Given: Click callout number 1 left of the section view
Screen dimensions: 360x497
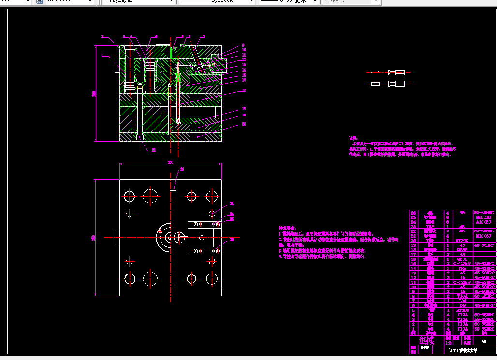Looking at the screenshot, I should [x=102, y=56].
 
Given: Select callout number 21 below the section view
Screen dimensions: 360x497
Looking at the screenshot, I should [x=154, y=150].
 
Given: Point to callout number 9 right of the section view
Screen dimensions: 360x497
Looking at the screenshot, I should [x=243, y=45].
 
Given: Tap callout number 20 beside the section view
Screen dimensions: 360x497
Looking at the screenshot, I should [x=244, y=124].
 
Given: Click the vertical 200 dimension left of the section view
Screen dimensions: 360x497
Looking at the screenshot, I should [x=94, y=94].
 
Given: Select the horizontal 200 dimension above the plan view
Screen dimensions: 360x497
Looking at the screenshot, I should [x=170, y=163].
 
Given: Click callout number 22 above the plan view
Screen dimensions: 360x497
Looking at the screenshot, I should [x=182, y=169].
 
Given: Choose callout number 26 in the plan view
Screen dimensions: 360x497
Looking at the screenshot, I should [x=232, y=239].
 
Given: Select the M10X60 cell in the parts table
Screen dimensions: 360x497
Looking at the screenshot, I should [x=483, y=235].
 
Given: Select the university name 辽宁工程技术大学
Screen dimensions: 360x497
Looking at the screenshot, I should [x=463, y=349].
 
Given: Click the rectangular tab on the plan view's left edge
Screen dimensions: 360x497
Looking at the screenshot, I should [x=117, y=237].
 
